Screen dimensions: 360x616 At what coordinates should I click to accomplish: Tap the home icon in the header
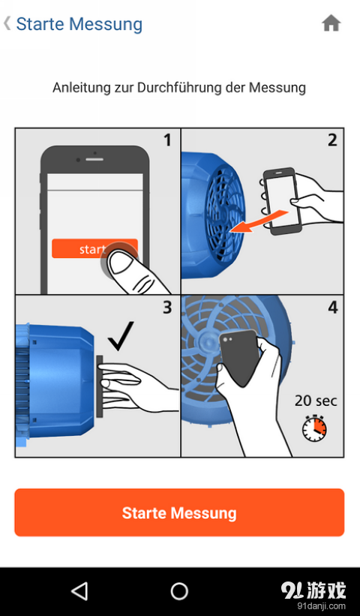[331, 23]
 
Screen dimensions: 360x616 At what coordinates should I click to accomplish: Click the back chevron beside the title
[7, 23]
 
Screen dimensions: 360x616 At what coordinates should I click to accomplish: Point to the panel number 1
[168, 140]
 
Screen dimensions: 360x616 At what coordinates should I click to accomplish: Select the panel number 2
[332, 140]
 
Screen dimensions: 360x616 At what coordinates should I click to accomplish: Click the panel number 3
[168, 308]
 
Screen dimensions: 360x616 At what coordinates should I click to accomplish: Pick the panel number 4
[332, 308]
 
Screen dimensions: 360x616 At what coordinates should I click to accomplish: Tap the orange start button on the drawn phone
[94, 248]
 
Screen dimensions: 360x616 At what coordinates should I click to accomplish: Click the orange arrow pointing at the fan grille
[258, 221]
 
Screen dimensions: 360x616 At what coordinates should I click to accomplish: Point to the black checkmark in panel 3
[121, 336]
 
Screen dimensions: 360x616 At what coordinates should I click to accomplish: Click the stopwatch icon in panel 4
[314, 428]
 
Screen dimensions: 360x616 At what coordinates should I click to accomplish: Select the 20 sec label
[316, 401]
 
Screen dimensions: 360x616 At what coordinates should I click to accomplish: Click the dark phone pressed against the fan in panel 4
[239, 356]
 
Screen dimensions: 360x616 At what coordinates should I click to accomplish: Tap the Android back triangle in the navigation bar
[79, 590]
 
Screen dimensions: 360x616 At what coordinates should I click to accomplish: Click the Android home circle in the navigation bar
[179, 590]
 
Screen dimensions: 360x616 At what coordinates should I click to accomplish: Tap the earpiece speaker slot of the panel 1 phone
[94, 160]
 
